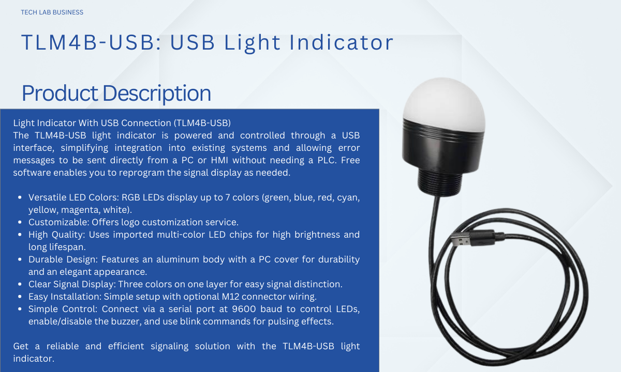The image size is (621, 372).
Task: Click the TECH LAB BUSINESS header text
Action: tap(52, 12)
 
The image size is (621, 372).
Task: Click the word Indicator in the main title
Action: tap(341, 42)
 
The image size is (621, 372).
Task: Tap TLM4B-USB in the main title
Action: tap(88, 42)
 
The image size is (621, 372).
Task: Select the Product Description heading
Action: tap(116, 94)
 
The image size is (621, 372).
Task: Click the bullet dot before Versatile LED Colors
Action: tap(20, 197)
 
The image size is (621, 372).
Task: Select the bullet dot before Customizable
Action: tap(20, 222)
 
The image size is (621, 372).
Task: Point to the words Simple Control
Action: tap(63, 309)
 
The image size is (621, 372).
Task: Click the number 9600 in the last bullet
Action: tap(244, 309)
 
